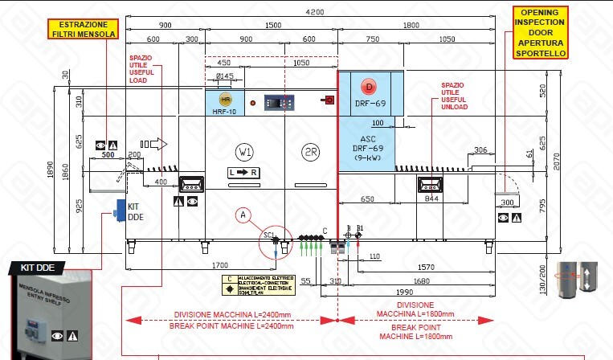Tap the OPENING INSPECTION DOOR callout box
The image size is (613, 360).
click(x=540, y=32)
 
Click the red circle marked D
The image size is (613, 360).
click(x=369, y=86)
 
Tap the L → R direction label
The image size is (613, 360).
click(x=242, y=173)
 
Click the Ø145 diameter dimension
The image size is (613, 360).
click(x=224, y=76)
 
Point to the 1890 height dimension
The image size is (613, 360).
click(x=49, y=169)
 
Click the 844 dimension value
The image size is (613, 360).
click(x=431, y=198)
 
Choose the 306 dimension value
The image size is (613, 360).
click(x=480, y=150)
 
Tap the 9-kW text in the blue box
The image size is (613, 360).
click(x=368, y=160)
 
